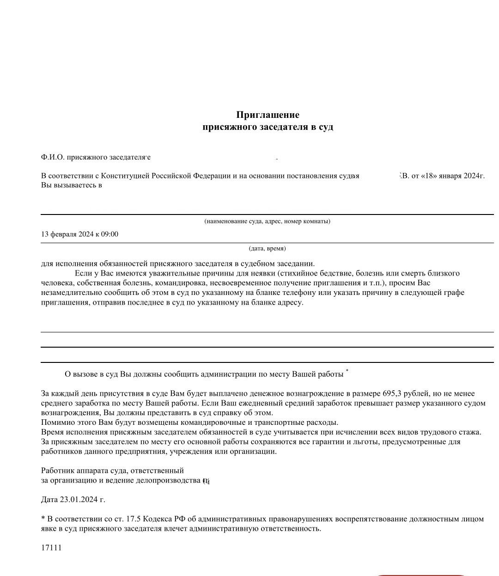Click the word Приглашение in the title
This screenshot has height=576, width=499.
[x=268, y=115]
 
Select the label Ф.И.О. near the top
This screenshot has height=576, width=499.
[x=52, y=157]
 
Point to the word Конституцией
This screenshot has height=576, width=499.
[x=125, y=176]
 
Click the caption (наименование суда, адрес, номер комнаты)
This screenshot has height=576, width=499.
[x=267, y=221]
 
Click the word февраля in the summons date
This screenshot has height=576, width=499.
[x=64, y=234]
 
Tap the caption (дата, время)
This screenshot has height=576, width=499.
[x=267, y=248]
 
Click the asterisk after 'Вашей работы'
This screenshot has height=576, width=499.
[x=347, y=371]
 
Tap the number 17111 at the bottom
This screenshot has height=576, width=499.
[x=51, y=548]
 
